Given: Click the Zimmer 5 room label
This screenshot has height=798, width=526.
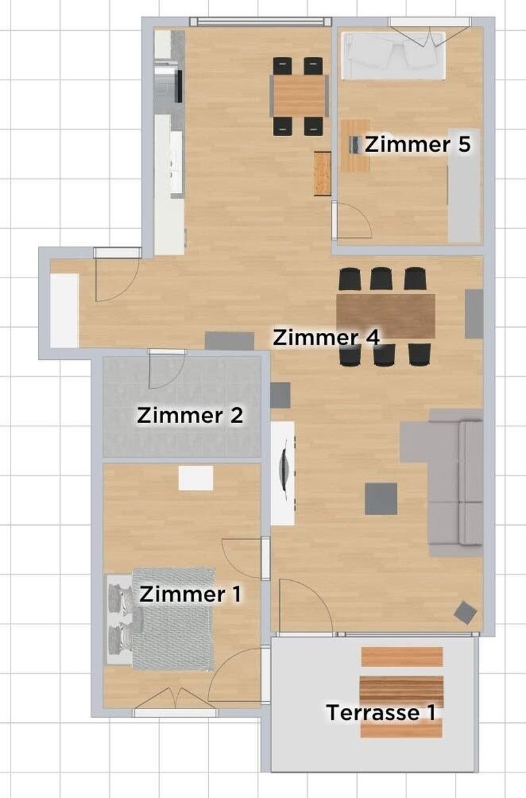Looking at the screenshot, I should [x=418, y=144].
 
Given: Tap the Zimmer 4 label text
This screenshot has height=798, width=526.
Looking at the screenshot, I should [x=326, y=337].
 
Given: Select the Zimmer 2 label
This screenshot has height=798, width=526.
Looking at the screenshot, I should [x=190, y=416].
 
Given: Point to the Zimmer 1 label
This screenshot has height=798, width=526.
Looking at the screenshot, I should [x=190, y=594].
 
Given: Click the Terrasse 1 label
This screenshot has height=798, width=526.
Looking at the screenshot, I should [x=381, y=712].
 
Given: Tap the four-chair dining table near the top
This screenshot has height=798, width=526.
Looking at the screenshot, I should [x=300, y=95].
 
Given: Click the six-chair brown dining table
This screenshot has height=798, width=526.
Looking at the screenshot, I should [x=385, y=314].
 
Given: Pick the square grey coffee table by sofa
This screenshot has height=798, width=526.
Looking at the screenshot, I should [x=381, y=499].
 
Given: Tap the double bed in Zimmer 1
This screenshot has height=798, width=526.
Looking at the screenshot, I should [x=172, y=618].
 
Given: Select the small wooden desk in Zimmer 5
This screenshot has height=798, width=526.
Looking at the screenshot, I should [x=356, y=145].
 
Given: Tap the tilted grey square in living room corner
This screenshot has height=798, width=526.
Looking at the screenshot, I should [x=466, y=612].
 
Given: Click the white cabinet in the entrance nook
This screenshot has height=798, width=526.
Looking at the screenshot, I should [x=64, y=309].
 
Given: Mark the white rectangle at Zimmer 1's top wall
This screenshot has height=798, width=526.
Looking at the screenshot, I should [x=196, y=478].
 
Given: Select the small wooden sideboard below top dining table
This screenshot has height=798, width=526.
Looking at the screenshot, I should [x=322, y=173].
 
